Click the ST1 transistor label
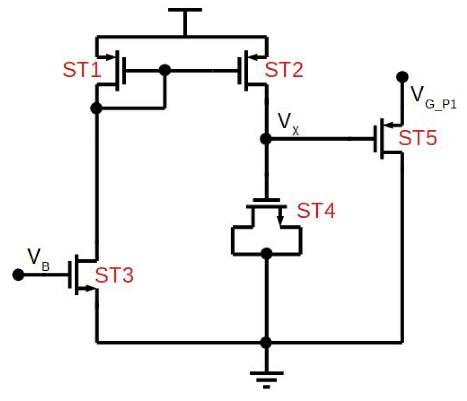point(82,70)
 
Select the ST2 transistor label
point(284,70)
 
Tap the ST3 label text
point(114,275)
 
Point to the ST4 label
point(316,210)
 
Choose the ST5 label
point(418,138)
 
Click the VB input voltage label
point(38,259)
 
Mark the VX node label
point(288,123)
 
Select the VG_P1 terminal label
point(433,97)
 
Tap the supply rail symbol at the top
point(185,11)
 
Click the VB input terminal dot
point(18,274)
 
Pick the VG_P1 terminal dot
point(402,77)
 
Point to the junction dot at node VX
point(266,139)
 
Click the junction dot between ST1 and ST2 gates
point(165,70)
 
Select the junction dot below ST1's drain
point(97,108)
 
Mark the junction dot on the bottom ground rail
point(266,343)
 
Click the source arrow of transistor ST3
point(89,289)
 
